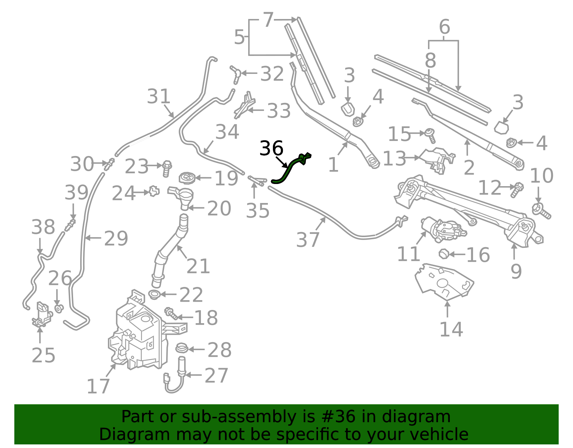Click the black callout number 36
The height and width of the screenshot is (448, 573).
tap(271, 148)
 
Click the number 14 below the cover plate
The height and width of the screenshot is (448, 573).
tap(451, 329)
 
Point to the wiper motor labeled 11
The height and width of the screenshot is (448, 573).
tap(443, 229)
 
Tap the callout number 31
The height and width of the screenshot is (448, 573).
tap(158, 96)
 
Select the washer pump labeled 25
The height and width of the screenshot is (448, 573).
tap(42, 314)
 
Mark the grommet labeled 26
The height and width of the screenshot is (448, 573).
tap(59, 308)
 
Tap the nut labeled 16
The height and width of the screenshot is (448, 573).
tap(444, 254)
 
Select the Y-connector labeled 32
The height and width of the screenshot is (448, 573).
tap(235, 75)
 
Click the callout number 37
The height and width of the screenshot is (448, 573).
tap(308, 240)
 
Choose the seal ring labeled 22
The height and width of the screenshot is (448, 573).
tap(154, 294)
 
